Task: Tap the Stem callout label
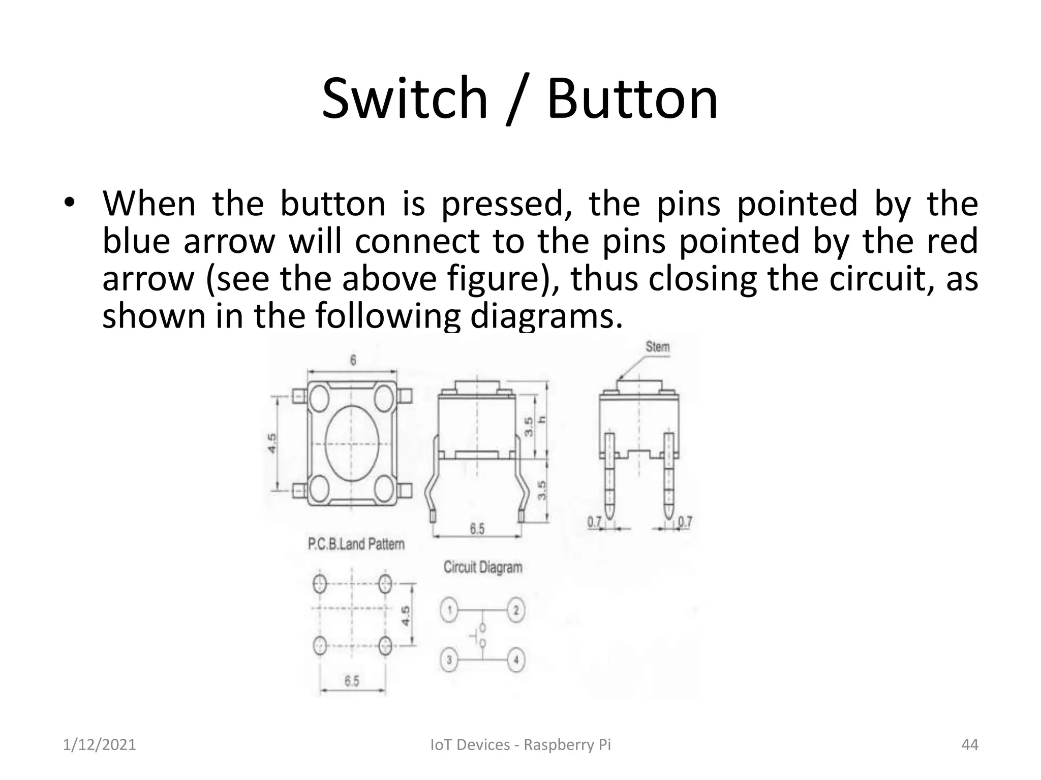pyautogui.click(x=658, y=347)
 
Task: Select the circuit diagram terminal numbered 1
pyautogui.click(x=449, y=610)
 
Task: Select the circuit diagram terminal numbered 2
pyautogui.click(x=516, y=610)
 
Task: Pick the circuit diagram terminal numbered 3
pyautogui.click(x=449, y=661)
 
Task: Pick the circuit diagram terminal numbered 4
pyautogui.click(x=516, y=661)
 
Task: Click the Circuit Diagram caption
pyautogui.click(x=483, y=567)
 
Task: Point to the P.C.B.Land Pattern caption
pyautogui.click(x=356, y=544)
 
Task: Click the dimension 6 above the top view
pyautogui.click(x=353, y=360)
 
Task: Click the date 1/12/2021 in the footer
pyautogui.click(x=100, y=745)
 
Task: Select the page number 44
pyautogui.click(x=970, y=745)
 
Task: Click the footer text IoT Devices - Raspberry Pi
pyautogui.click(x=520, y=745)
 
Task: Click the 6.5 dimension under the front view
pyautogui.click(x=477, y=529)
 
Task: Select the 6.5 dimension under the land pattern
pyautogui.click(x=352, y=681)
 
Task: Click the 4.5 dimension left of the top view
pyautogui.click(x=272, y=443)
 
